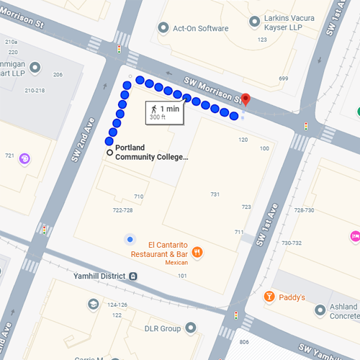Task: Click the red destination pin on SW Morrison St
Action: click(245, 100)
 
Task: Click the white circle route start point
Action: click(109, 153)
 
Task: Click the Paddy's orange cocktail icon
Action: click(269, 296)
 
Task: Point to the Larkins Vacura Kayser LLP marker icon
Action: click(253, 22)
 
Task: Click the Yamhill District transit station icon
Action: click(133, 276)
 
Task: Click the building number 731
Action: click(215, 194)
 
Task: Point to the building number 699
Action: click(283, 78)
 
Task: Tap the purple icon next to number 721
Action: click(24, 158)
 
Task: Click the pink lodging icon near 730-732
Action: click(354, 236)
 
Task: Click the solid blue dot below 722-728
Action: click(130, 239)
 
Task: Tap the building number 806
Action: click(244, 341)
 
